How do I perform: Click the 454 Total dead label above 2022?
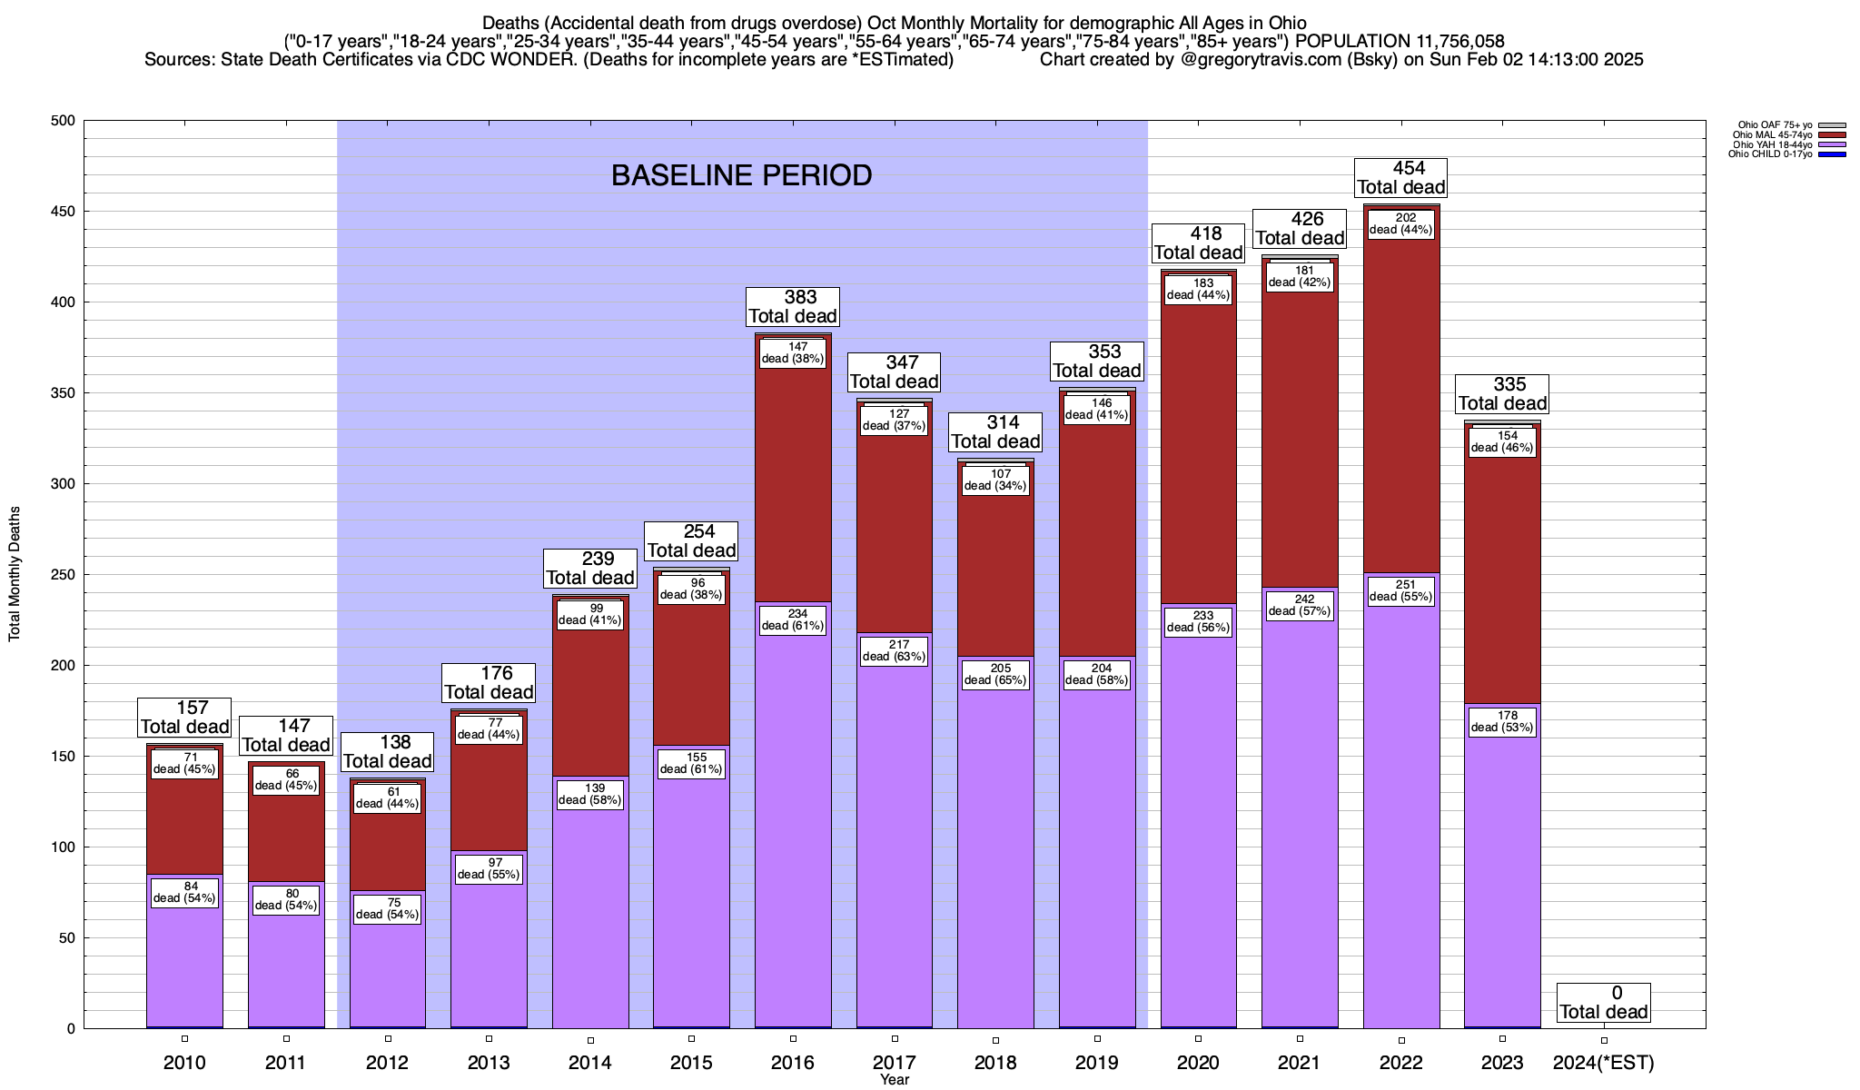point(1400,178)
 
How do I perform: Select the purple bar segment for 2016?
point(793,817)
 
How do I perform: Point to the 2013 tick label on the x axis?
point(489,1062)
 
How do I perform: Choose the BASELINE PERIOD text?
point(741,175)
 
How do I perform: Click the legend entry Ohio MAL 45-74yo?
point(1772,134)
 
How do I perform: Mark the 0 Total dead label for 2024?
point(1604,1003)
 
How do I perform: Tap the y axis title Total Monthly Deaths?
point(15,574)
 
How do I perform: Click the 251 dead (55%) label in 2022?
point(1400,590)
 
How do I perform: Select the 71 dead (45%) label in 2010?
point(184,763)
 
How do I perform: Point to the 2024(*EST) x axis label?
point(1604,1062)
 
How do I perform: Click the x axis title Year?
point(894,1080)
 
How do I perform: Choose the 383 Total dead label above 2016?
point(793,307)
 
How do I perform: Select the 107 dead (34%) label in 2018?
point(995,480)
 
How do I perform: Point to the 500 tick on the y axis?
point(64,121)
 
